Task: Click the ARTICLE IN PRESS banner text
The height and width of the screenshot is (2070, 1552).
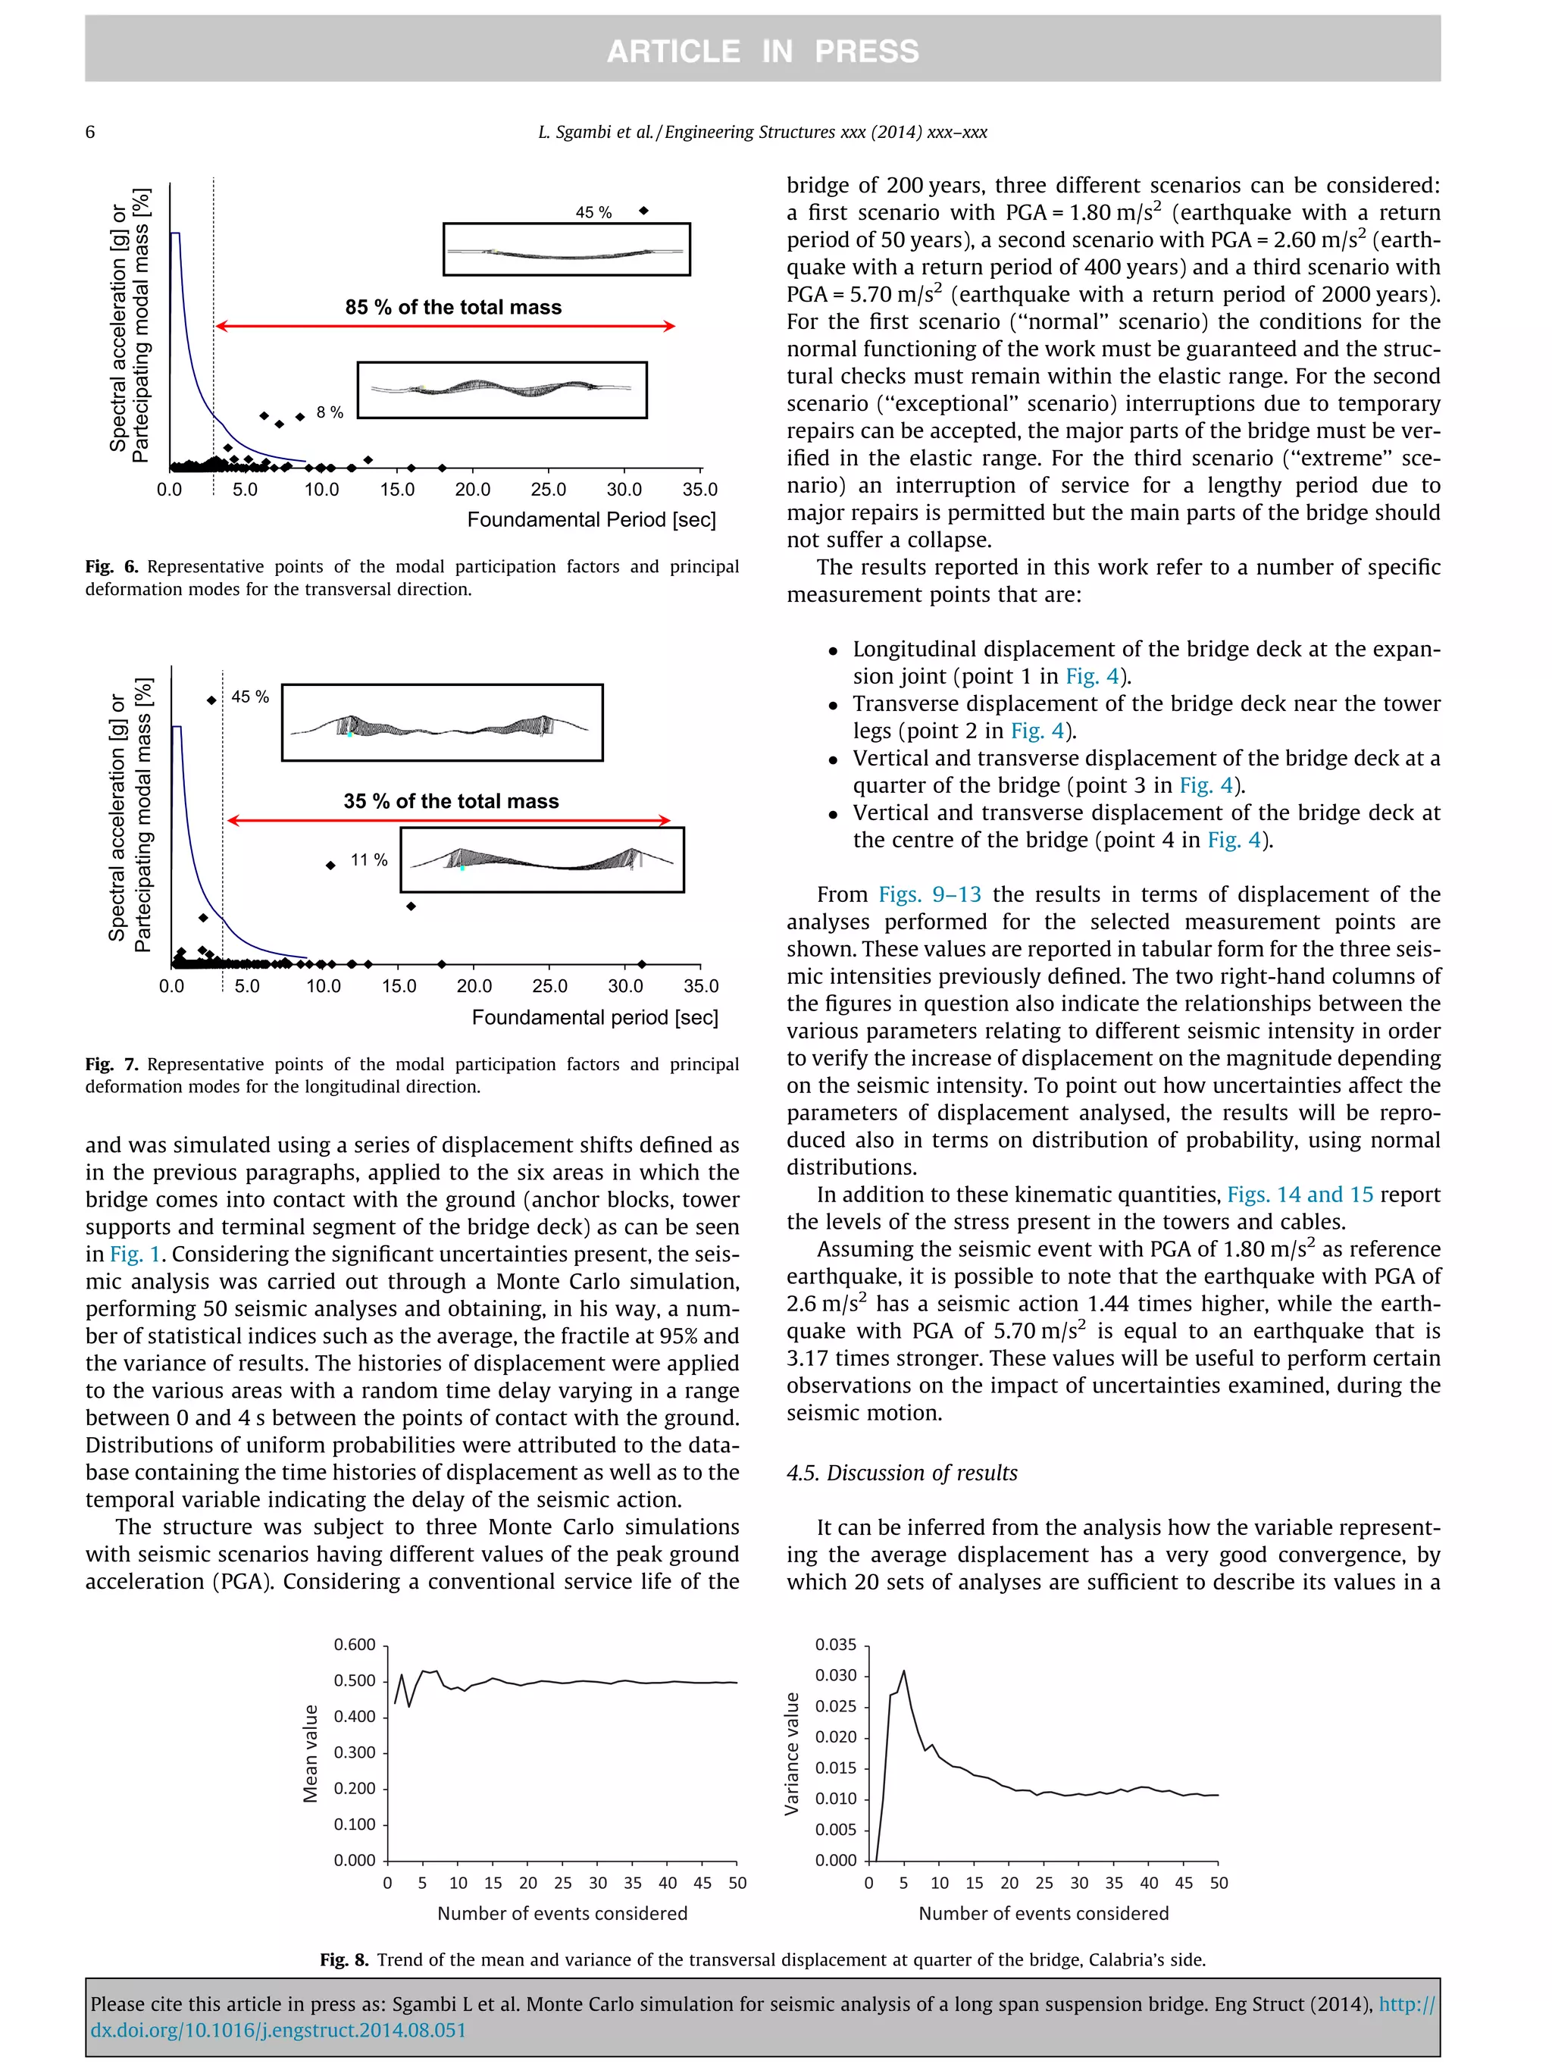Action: (x=762, y=51)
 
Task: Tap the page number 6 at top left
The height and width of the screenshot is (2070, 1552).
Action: (x=90, y=132)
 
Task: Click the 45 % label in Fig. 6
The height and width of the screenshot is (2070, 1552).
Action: (x=593, y=212)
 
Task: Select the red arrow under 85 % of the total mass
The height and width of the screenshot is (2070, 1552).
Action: (x=446, y=326)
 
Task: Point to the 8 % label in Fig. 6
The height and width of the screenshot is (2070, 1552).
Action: (x=330, y=412)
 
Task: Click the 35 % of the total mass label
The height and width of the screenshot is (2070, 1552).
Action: (x=451, y=801)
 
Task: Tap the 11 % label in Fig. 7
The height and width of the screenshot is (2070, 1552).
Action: (x=368, y=860)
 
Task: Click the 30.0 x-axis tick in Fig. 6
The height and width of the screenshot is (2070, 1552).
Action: (x=624, y=490)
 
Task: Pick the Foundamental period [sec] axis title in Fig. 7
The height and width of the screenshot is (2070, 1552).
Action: (x=595, y=1017)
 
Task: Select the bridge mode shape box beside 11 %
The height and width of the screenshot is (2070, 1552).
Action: (x=542, y=859)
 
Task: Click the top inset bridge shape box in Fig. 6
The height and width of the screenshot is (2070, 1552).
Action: (x=566, y=249)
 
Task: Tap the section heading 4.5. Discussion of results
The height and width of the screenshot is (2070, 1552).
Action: (x=902, y=1472)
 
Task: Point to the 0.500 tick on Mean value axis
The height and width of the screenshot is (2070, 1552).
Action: (x=355, y=1680)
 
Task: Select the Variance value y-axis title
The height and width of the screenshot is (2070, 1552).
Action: (x=793, y=1754)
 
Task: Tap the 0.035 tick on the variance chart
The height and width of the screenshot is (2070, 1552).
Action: (x=834, y=1644)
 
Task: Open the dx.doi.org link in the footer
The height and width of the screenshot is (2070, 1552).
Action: (x=278, y=2031)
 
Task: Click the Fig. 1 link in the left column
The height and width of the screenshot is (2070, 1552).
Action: (x=135, y=1254)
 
